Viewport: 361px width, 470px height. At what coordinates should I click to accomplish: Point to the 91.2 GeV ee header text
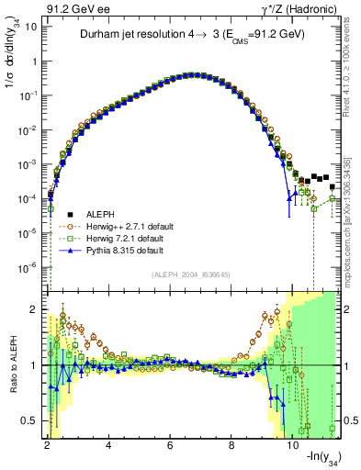point(72,8)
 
